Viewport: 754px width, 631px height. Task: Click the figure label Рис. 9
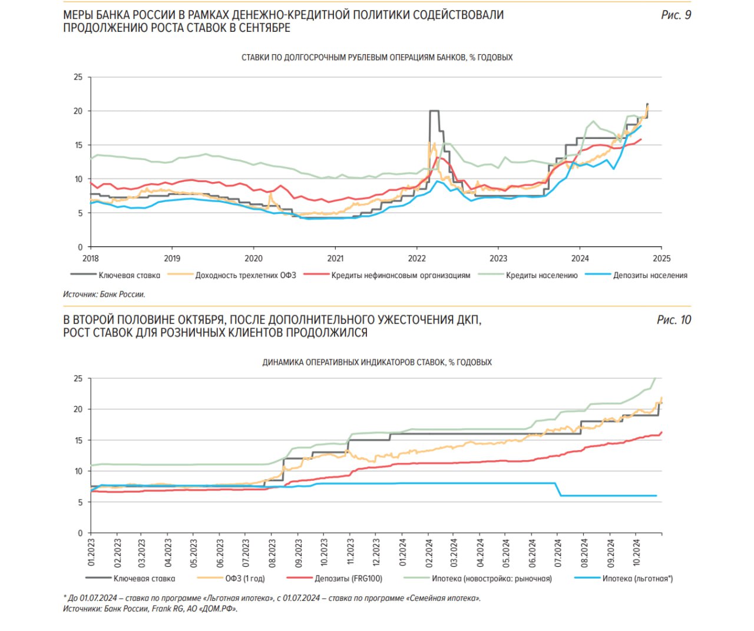[x=676, y=15]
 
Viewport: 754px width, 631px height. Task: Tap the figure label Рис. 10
[x=674, y=320]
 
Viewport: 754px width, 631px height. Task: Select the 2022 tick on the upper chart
[x=416, y=258]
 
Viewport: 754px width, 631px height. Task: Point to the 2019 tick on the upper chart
[x=172, y=258]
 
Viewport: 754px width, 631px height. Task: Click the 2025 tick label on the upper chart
[x=662, y=258]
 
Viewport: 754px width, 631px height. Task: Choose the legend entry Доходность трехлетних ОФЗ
[x=245, y=275]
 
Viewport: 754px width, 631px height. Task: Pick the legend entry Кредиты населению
[x=541, y=275]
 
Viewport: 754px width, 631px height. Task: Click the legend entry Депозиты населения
[x=650, y=275]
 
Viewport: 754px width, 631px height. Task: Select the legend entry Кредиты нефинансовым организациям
[x=401, y=275]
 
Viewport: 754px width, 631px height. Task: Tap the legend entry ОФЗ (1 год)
[x=245, y=579]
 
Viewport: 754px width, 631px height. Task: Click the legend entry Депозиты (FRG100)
[x=348, y=579]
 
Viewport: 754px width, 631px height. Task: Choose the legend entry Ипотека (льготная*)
[x=637, y=579]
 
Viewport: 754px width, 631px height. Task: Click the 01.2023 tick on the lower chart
[x=91, y=552]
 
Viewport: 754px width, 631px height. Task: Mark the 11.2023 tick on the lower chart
[x=350, y=552]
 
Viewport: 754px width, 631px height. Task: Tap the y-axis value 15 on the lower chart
[x=78, y=440]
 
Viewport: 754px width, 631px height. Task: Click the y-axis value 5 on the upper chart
[x=80, y=213]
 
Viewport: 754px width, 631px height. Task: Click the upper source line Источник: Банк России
[x=104, y=294]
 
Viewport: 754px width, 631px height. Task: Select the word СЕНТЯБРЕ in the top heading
[x=264, y=28]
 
